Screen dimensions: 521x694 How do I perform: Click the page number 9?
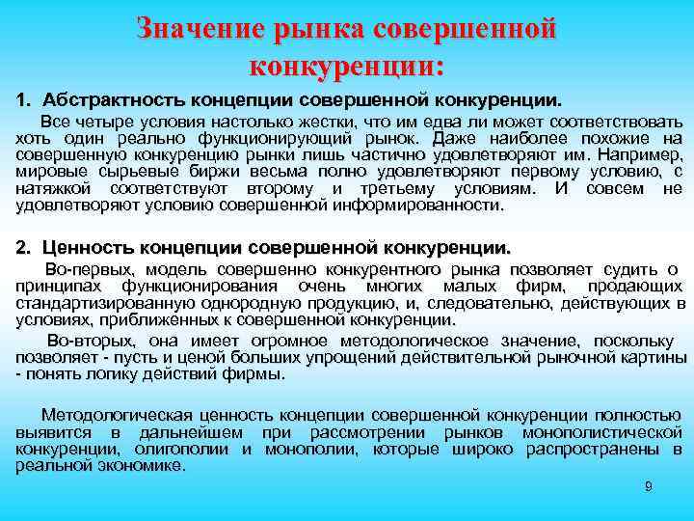(x=649, y=487)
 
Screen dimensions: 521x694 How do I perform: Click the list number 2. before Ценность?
(x=24, y=247)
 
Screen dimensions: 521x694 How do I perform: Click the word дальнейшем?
(x=189, y=431)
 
